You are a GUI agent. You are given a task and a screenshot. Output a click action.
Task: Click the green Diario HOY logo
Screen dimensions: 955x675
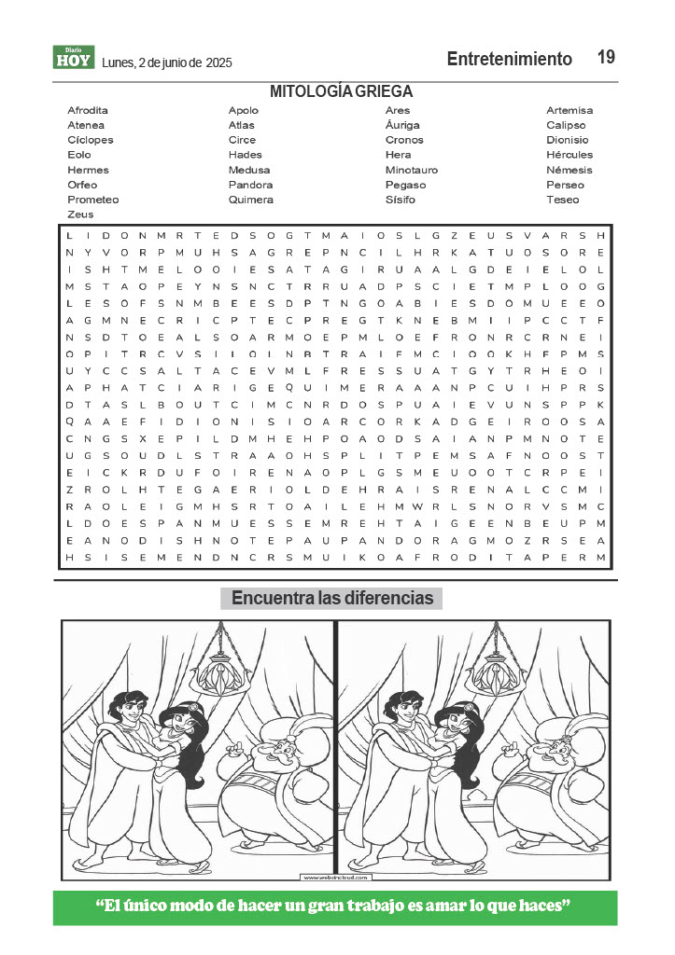pyautogui.click(x=73, y=58)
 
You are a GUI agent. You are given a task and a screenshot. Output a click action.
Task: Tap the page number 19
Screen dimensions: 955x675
pyautogui.click(x=606, y=58)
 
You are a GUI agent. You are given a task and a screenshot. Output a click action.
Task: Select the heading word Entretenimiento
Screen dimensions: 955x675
pyautogui.click(x=509, y=59)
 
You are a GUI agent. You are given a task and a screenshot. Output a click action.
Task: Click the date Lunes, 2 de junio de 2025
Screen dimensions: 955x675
pyautogui.click(x=166, y=62)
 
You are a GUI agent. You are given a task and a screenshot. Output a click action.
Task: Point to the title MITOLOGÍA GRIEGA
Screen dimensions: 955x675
pyautogui.click(x=341, y=91)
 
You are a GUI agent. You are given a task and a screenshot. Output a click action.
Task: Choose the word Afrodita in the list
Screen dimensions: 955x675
pyautogui.click(x=88, y=110)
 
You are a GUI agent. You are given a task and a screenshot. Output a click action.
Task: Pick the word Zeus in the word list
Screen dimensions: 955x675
pyautogui.click(x=80, y=215)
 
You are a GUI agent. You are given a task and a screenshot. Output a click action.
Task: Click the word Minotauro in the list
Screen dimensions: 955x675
pyautogui.click(x=411, y=170)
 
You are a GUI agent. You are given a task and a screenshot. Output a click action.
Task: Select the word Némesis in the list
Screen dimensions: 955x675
pyautogui.click(x=569, y=170)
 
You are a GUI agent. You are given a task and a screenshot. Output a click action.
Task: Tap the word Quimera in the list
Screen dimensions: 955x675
pyautogui.click(x=250, y=200)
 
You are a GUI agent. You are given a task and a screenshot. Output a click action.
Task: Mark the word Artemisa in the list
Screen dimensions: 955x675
pyautogui.click(x=569, y=110)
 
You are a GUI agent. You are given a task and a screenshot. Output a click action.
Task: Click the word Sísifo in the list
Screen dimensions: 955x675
pyautogui.click(x=401, y=200)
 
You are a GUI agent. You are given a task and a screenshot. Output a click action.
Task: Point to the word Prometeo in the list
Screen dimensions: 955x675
pyautogui.click(x=92, y=200)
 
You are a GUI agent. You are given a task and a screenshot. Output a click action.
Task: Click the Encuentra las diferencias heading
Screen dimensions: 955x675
pyautogui.click(x=332, y=598)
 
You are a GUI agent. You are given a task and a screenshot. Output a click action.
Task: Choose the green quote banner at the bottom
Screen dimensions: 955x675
pyautogui.click(x=335, y=907)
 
